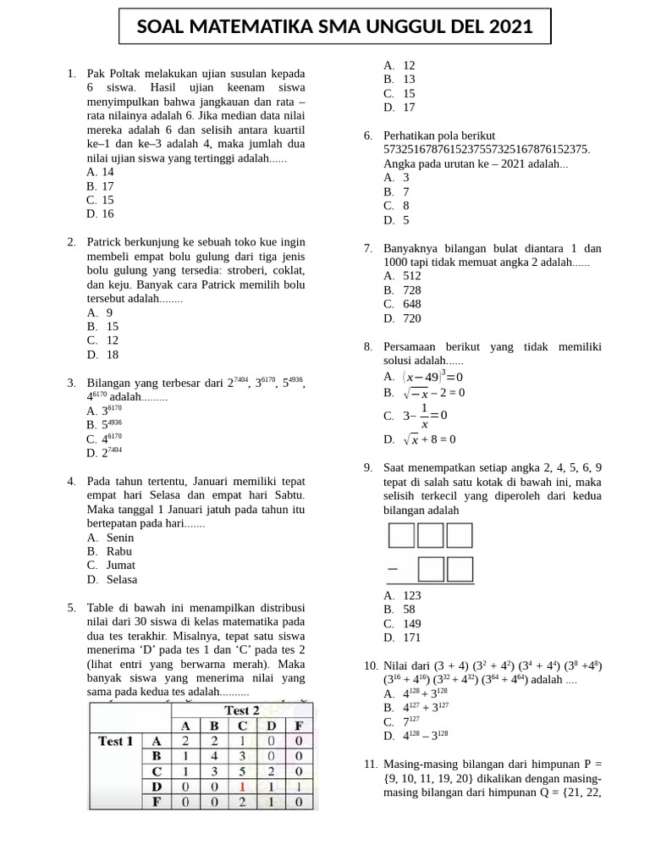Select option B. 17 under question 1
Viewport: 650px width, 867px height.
[x=101, y=186]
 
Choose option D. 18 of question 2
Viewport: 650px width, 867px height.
[x=102, y=355]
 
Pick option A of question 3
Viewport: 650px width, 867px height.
[x=105, y=411]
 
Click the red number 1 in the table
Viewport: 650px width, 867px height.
[x=242, y=786]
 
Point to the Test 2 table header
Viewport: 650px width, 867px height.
[x=241, y=710]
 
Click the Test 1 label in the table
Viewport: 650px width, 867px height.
[x=116, y=741]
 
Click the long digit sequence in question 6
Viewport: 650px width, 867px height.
[x=487, y=150]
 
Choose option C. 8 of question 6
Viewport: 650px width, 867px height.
[x=397, y=206]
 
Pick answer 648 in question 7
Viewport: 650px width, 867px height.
[x=403, y=304]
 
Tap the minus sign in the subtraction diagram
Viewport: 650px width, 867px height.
[x=393, y=569]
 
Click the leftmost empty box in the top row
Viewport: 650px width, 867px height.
[x=400, y=536]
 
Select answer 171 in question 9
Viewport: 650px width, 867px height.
[x=403, y=638]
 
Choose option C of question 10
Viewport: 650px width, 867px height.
[x=403, y=721]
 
